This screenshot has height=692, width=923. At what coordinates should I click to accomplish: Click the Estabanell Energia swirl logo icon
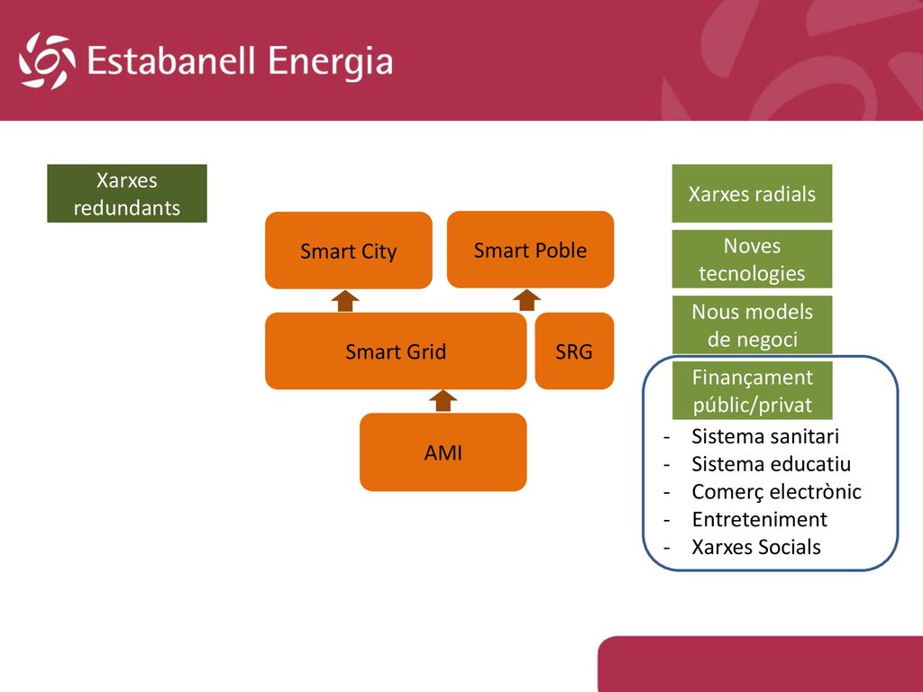click(x=47, y=60)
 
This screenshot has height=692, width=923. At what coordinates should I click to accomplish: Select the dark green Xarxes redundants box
click(x=127, y=194)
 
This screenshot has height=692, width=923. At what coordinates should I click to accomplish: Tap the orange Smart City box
click(x=349, y=250)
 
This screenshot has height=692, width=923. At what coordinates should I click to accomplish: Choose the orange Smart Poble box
click(x=530, y=250)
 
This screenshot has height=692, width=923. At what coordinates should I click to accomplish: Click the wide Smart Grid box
click(x=396, y=351)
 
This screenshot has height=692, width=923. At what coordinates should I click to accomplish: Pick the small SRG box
click(x=574, y=351)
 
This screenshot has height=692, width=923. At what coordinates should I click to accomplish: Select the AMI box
click(x=443, y=452)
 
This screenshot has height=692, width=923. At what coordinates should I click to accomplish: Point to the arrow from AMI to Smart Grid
click(x=443, y=401)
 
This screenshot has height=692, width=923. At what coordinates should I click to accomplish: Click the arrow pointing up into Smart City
click(x=345, y=301)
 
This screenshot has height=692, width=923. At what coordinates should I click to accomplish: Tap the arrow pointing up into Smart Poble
click(x=526, y=299)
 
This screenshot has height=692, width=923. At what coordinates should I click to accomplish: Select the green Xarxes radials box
click(x=753, y=194)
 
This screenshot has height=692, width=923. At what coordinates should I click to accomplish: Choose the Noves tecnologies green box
click(x=753, y=259)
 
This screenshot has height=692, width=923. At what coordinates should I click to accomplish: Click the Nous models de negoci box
click(x=753, y=324)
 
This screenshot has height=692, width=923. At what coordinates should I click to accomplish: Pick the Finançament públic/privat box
click(x=753, y=391)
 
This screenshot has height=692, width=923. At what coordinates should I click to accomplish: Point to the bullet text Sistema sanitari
click(x=765, y=437)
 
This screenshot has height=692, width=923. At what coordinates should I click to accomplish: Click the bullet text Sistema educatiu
click(x=772, y=464)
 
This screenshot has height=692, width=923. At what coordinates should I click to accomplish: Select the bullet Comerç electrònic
click(x=776, y=492)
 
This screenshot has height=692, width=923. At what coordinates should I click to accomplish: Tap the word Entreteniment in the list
click(x=759, y=520)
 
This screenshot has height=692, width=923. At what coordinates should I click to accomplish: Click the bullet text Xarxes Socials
click(x=756, y=547)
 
